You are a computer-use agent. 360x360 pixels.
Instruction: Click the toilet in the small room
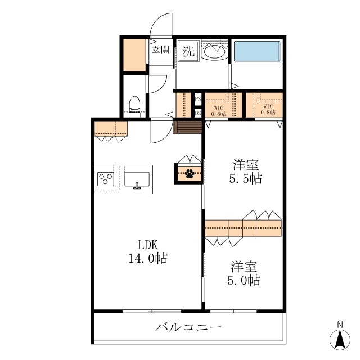click(134, 106)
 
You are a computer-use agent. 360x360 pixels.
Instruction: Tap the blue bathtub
click(256, 51)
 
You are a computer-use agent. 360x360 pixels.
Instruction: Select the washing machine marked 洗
click(188, 51)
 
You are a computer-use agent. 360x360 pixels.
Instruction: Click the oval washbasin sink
click(214, 51)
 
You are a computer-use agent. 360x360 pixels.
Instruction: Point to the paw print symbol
click(190, 173)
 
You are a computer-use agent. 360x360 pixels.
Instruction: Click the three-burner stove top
click(106, 179)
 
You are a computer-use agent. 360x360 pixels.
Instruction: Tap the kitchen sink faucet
click(137, 186)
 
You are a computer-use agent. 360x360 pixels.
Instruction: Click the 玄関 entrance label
click(160, 49)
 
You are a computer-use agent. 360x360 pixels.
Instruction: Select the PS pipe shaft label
click(198, 99)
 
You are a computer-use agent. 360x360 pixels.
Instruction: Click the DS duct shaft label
click(198, 113)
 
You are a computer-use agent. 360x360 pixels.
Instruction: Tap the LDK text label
click(148, 245)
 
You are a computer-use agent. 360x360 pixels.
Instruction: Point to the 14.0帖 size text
click(148, 258)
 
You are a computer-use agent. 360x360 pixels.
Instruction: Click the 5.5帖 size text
click(245, 178)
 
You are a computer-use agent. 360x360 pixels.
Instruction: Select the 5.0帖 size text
click(244, 280)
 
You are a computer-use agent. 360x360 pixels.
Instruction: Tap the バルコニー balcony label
click(188, 326)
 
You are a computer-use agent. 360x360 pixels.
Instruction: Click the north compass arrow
click(340, 339)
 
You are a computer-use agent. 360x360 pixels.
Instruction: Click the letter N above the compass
click(340, 325)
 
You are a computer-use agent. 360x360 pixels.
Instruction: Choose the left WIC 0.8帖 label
click(219, 111)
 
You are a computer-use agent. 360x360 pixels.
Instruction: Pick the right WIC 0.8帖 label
click(268, 109)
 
